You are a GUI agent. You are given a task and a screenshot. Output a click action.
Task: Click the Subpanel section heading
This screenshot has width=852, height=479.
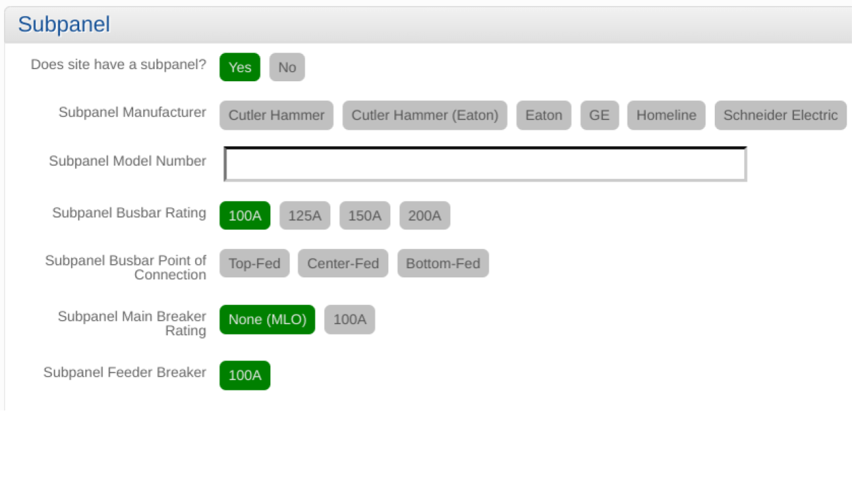click(64, 25)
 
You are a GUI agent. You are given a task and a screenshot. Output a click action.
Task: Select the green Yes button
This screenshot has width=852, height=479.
click(240, 67)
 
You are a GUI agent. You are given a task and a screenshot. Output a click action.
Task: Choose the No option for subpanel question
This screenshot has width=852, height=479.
click(287, 67)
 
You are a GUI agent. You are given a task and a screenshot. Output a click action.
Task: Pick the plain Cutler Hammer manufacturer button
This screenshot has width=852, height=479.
click(276, 115)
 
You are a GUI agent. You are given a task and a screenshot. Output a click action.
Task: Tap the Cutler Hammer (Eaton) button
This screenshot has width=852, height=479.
click(425, 115)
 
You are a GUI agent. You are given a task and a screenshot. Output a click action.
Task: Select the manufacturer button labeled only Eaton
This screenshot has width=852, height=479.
click(543, 115)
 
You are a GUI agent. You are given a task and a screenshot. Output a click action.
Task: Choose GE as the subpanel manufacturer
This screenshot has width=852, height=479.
click(599, 115)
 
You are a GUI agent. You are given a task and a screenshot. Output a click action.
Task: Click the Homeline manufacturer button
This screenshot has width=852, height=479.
click(666, 115)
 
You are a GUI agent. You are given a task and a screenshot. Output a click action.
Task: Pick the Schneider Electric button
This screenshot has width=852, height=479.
click(780, 115)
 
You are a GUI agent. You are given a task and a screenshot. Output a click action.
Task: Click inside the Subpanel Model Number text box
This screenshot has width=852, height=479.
click(485, 164)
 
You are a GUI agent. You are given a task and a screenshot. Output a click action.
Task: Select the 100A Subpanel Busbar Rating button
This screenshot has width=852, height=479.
click(245, 216)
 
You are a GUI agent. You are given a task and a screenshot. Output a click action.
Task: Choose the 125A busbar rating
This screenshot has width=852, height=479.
click(305, 216)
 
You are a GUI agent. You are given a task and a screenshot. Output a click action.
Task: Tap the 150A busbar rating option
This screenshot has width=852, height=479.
click(365, 216)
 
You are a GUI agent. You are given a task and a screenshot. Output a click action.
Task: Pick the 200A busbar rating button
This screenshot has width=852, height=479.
click(425, 216)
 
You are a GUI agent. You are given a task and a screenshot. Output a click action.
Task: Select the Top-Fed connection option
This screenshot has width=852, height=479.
click(254, 263)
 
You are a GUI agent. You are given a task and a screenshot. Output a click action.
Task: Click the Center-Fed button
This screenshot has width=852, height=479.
click(343, 263)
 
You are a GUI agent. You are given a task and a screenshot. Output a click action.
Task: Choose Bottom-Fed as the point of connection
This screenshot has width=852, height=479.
click(443, 263)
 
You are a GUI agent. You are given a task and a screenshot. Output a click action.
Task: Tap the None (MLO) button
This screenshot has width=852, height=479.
click(267, 319)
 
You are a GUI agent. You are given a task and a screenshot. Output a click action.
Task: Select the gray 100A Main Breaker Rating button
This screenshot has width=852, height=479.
click(349, 319)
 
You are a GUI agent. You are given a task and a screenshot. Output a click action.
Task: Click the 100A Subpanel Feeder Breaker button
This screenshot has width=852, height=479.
click(245, 375)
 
